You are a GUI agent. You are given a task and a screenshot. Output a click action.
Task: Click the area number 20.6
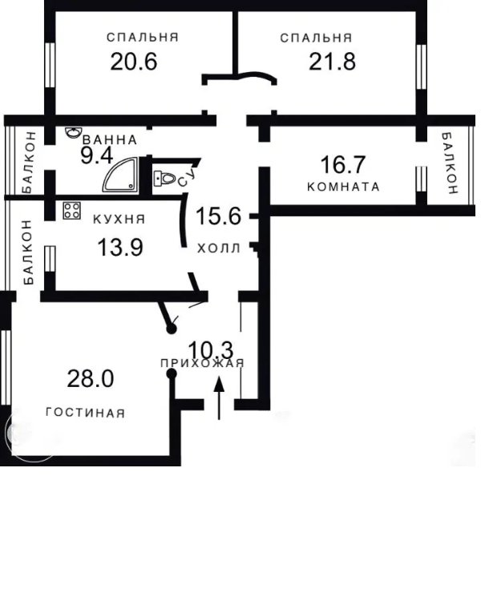(134, 62)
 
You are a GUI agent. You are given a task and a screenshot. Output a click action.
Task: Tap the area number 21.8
(332, 62)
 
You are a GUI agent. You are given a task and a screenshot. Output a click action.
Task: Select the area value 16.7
(343, 164)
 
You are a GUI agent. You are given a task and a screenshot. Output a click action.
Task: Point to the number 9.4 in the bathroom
(97, 155)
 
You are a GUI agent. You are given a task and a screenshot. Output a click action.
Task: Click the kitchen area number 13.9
(120, 247)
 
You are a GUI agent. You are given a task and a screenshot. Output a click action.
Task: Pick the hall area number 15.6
(218, 216)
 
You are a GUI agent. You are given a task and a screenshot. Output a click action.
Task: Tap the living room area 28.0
(90, 379)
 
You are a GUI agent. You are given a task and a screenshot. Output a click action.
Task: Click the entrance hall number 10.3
(211, 349)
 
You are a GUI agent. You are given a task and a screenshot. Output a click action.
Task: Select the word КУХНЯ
(119, 220)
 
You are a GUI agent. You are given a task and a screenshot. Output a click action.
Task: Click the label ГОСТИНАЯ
(86, 413)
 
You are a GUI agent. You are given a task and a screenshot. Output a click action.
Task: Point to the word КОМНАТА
(343, 187)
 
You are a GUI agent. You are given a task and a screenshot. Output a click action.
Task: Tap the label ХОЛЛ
(219, 248)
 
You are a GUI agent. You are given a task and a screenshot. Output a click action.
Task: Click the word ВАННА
(110, 140)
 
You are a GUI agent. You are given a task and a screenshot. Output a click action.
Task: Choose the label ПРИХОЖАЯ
(202, 363)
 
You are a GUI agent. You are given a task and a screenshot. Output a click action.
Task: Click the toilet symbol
(164, 178)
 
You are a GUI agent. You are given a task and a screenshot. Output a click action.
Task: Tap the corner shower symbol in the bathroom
(120, 175)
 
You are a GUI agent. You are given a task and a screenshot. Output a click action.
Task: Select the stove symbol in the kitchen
(71, 211)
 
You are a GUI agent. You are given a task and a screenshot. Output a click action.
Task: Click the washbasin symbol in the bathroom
(73, 132)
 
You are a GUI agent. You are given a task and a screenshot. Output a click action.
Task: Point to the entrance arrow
(219, 398)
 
